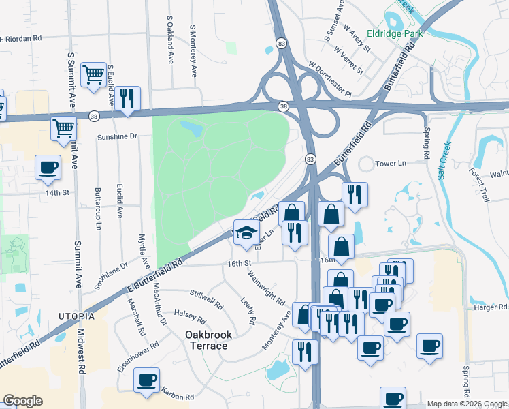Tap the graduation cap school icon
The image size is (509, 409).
click(x=246, y=234)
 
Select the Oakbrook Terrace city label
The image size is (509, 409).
click(x=208, y=340)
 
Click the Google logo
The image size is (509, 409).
click(x=22, y=401)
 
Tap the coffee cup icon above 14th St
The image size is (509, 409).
click(x=48, y=168)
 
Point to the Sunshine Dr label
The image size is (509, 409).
click(x=117, y=136)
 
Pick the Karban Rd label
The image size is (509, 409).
click(x=178, y=395)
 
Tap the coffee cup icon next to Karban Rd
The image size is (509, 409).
click(x=146, y=380)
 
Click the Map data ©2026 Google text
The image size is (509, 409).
click(x=465, y=404)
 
